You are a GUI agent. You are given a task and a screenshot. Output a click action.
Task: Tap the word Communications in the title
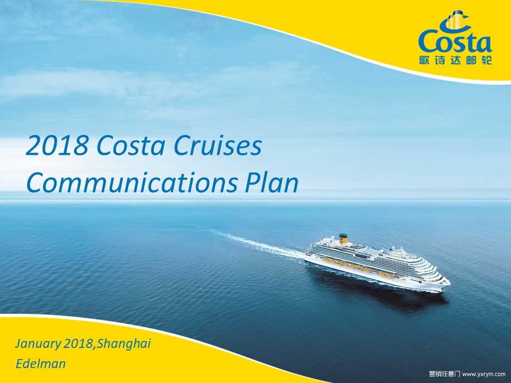pyautogui.click(x=131, y=182)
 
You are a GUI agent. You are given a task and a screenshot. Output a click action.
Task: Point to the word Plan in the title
pyautogui.click(x=271, y=182)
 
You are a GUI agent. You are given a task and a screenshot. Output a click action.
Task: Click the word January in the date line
pyautogui.click(x=37, y=344)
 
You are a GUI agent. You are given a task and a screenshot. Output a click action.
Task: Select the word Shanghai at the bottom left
pyautogui.click(x=124, y=344)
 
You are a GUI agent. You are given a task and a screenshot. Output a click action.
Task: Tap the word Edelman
pyautogui.click(x=41, y=363)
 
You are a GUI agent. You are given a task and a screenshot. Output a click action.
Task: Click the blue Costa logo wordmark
pyautogui.click(x=455, y=41)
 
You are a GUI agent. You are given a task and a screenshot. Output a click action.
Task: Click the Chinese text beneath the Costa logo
pyautogui.click(x=455, y=60)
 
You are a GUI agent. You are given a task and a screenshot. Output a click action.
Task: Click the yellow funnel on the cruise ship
pyautogui.click(x=342, y=239)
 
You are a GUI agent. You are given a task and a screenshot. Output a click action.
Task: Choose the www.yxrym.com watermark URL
pyautogui.click(x=484, y=374)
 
